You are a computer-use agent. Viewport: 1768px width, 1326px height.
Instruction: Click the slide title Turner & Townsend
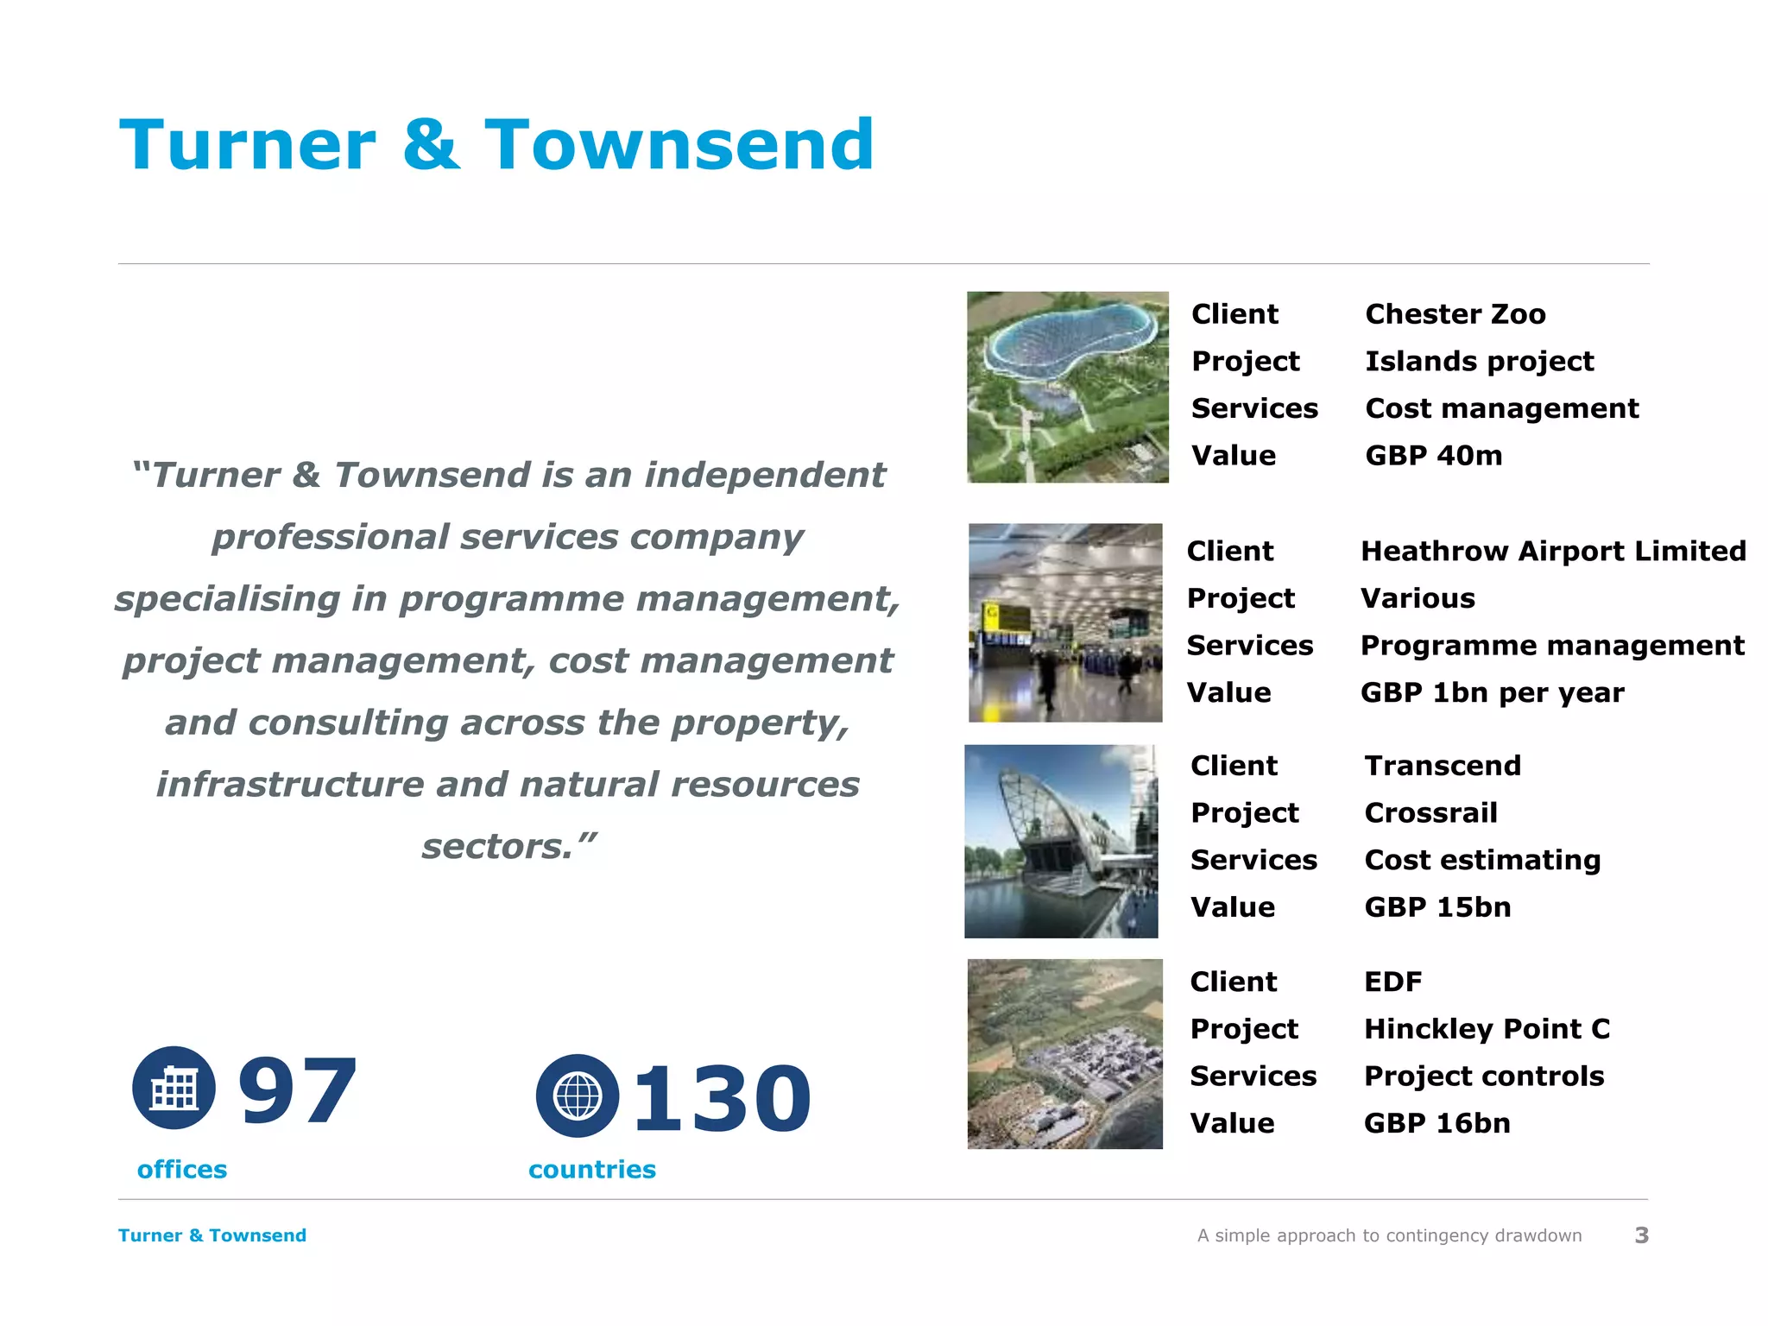(x=496, y=145)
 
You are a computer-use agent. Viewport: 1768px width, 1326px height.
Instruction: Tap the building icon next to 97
(x=174, y=1088)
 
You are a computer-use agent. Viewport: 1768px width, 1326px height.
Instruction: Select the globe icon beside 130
(x=577, y=1096)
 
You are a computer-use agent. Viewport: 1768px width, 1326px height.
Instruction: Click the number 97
(x=298, y=1093)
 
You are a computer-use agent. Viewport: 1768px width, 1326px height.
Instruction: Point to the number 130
(x=722, y=1099)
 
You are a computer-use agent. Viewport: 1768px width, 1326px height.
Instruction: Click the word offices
(x=182, y=1170)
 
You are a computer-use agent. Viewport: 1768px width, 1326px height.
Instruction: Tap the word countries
(x=592, y=1170)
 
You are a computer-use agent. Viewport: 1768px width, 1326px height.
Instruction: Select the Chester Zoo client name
(x=1455, y=314)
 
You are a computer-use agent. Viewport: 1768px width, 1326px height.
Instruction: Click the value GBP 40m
(x=1433, y=456)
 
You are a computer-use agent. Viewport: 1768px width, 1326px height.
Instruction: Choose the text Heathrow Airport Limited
(x=1553, y=551)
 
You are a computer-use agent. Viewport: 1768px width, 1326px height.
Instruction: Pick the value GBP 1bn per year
(x=1492, y=692)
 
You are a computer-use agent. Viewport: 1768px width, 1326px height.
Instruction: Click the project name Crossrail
(x=1430, y=813)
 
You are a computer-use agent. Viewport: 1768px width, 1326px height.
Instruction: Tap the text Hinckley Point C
(x=1487, y=1029)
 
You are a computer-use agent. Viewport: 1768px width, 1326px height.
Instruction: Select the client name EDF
(x=1392, y=982)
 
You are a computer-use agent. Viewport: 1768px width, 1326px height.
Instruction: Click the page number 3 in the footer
(x=1641, y=1235)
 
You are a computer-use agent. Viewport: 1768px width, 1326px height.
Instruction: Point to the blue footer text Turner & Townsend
(x=212, y=1235)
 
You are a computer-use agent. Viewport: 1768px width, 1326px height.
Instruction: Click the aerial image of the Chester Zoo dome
(x=1067, y=387)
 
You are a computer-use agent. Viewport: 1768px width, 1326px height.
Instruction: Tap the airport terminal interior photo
(x=1065, y=622)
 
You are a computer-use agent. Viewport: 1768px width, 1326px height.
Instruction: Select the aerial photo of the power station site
(x=1064, y=1054)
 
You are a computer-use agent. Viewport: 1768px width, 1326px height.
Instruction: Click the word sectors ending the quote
(x=496, y=847)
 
